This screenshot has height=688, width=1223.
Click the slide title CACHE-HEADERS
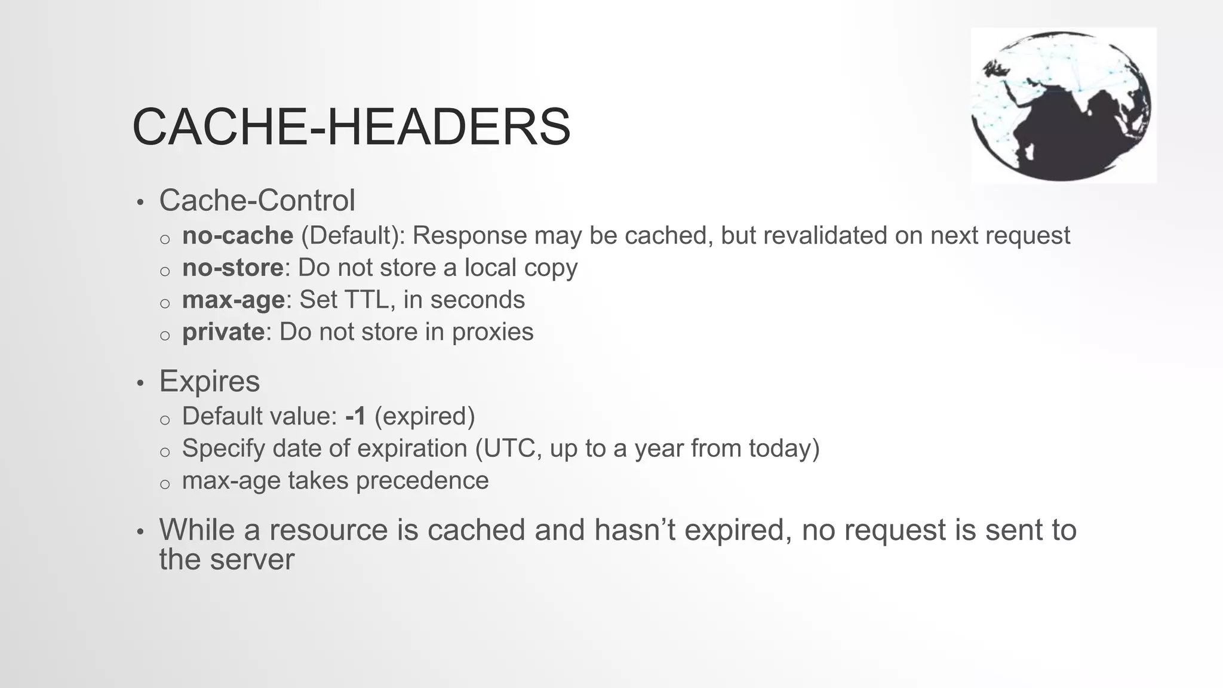click(351, 127)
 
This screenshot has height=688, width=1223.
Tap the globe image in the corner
click(1063, 105)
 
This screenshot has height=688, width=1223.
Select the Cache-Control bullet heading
click(257, 200)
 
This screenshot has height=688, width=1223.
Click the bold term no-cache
click(238, 235)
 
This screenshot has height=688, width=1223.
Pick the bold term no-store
click(232, 268)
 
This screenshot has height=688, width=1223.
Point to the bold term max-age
click(233, 300)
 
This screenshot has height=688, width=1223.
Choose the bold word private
click(223, 332)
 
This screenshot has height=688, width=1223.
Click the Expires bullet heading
click(209, 381)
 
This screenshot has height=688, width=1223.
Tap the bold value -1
click(356, 416)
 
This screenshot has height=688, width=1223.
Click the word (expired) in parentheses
click(425, 416)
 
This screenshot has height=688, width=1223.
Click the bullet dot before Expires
click(140, 383)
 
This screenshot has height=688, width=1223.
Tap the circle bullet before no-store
click(165, 271)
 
